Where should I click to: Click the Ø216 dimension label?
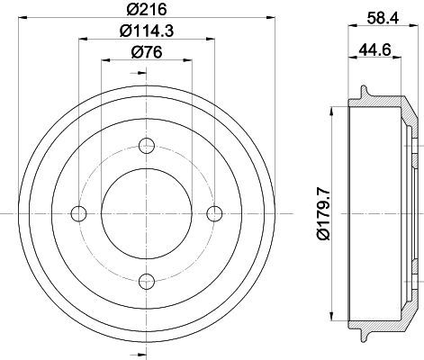[x=147, y=9]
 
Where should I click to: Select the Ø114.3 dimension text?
[x=147, y=31]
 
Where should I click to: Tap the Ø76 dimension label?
[x=147, y=52]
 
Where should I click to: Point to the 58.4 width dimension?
[x=383, y=18]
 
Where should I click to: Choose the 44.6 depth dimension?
[x=374, y=49]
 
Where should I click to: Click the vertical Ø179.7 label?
[x=323, y=213]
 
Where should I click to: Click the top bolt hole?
[x=147, y=146]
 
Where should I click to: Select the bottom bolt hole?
[x=147, y=281]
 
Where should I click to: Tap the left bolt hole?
[x=78, y=213]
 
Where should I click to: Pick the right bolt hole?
[x=214, y=213]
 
